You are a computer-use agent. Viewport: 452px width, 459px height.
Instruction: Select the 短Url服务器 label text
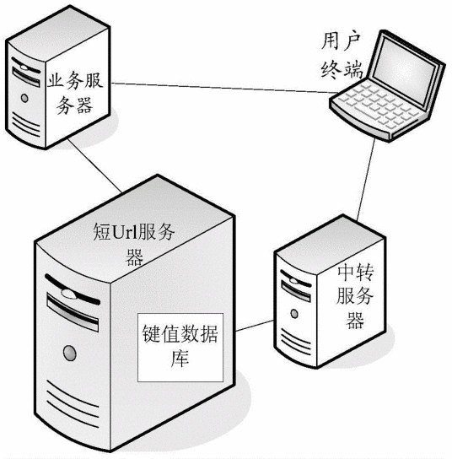coord(135,242)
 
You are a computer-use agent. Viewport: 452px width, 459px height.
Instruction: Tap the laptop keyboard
coord(364,107)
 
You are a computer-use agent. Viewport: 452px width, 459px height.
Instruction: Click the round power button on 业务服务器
coord(25,99)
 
